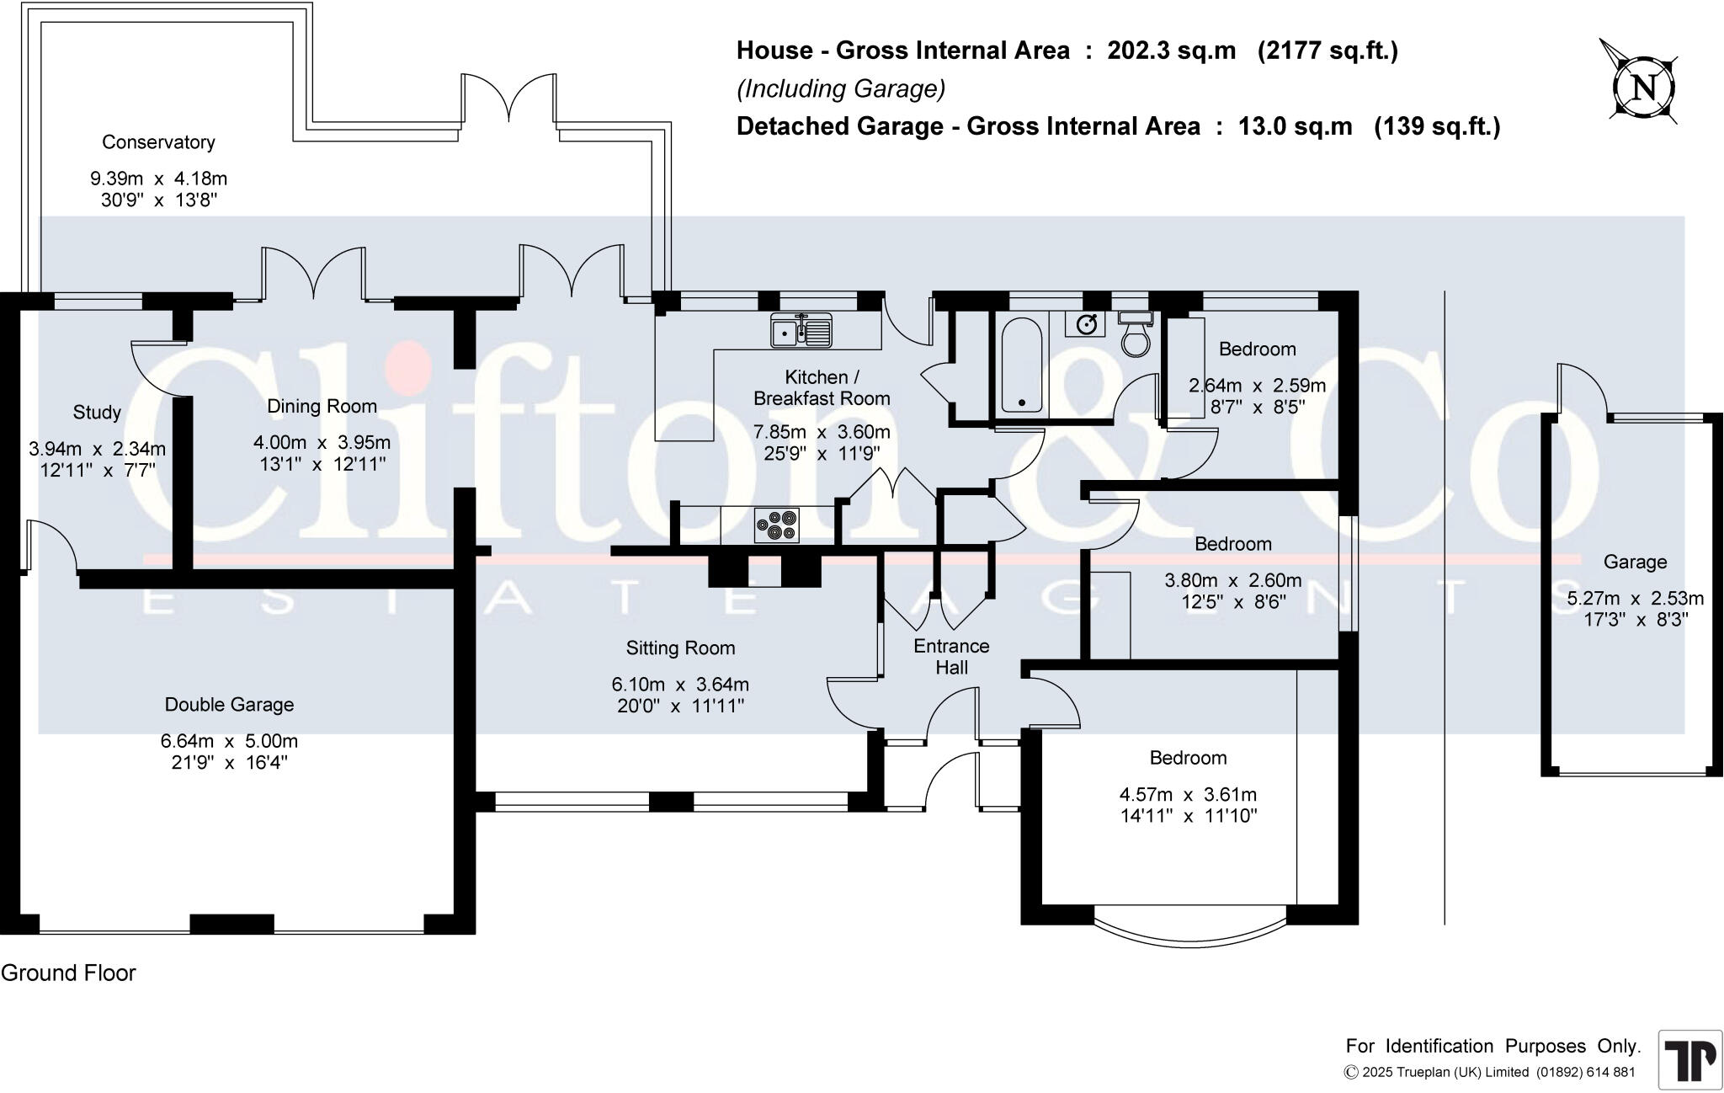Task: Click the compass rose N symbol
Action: pyautogui.click(x=1643, y=88)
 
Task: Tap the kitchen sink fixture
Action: pyautogui.click(x=801, y=330)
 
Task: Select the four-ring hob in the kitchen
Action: pyautogui.click(x=776, y=525)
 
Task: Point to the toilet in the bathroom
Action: pyautogui.click(x=1136, y=336)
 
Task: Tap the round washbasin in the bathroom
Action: pyautogui.click(x=1088, y=324)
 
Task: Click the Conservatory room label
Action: pyautogui.click(x=158, y=142)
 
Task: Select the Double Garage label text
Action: pyautogui.click(x=229, y=705)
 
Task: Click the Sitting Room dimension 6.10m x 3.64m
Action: pyautogui.click(x=680, y=685)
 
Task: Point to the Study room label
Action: pyautogui.click(x=97, y=413)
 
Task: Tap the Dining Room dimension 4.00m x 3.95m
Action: pyautogui.click(x=322, y=443)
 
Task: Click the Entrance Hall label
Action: pyautogui.click(x=951, y=657)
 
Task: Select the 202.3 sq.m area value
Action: pyautogui.click(x=1171, y=51)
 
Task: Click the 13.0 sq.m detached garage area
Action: pyautogui.click(x=1295, y=126)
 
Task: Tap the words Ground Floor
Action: pyautogui.click(x=68, y=973)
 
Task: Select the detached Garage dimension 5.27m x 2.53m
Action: pyautogui.click(x=1635, y=599)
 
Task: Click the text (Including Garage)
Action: pyautogui.click(x=840, y=88)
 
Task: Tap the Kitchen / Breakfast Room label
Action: pyautogui.click(x=821, y=387)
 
